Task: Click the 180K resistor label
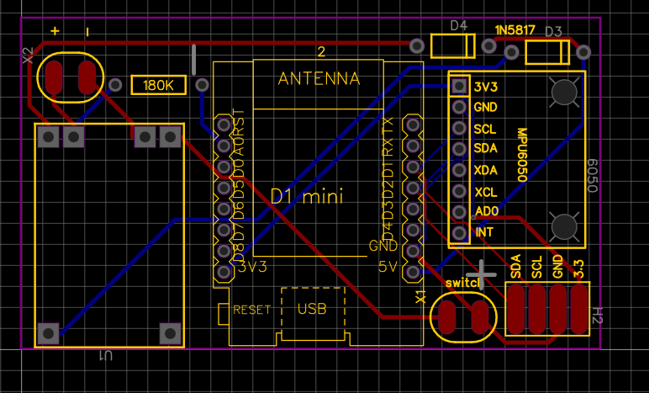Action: click(158, 86)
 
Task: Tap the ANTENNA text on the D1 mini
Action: click(319, 79)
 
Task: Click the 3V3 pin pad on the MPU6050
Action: click(459, 86)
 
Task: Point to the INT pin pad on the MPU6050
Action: click(459, 232)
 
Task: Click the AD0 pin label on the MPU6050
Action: click(486, 211)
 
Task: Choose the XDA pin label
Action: click(486, 169)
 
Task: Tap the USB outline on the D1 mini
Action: click(313, 310)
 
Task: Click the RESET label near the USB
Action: click(251, 310)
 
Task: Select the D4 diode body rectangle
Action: click(453, 45)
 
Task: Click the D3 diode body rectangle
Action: click(547, 54)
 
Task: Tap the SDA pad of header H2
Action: click(516, 309)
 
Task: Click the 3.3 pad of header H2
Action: click(578, 309)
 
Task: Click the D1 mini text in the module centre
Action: click(306, 196)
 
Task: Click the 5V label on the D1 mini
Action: click(388, 268)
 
